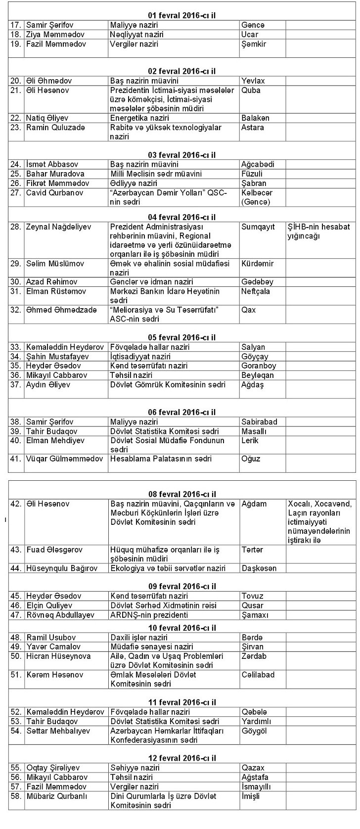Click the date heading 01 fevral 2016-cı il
pyautogui.click(x=182, y=16)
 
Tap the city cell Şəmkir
pyautogui.click(x=254, y=44)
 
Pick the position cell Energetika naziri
pyautogui.click(x=139, y=118)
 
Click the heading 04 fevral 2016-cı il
pyautogui.click(x=182, y=217)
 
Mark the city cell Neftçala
pyautogui.click(x=256, y=291)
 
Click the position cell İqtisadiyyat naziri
pyautogui.click(x=140, y=357)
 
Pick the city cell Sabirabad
pyautogui.click(x=259, y=422)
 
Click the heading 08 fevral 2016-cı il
pyautogui.click(x=182, y=494)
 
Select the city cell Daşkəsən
pyautogui.click(x=259, y=568)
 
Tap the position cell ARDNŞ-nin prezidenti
pyautogui.click(x=149, y=615)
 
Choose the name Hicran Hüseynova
pyautogui.click(x=58, y=656)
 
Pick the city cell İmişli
pyautogui.click(x=251, y=796)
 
